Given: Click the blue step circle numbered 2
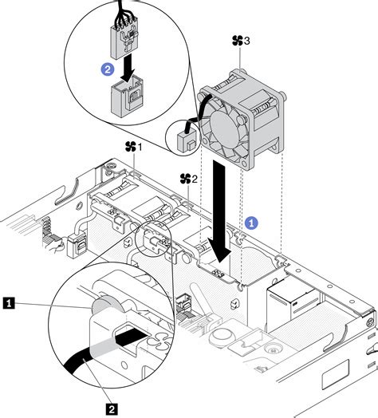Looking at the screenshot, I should click(x=107, y=69).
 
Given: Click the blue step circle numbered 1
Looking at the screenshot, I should click(x=251, y=223).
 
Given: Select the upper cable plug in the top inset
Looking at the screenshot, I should click(x=124, y=44).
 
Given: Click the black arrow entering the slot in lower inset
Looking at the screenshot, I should click(x=132, y=337).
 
